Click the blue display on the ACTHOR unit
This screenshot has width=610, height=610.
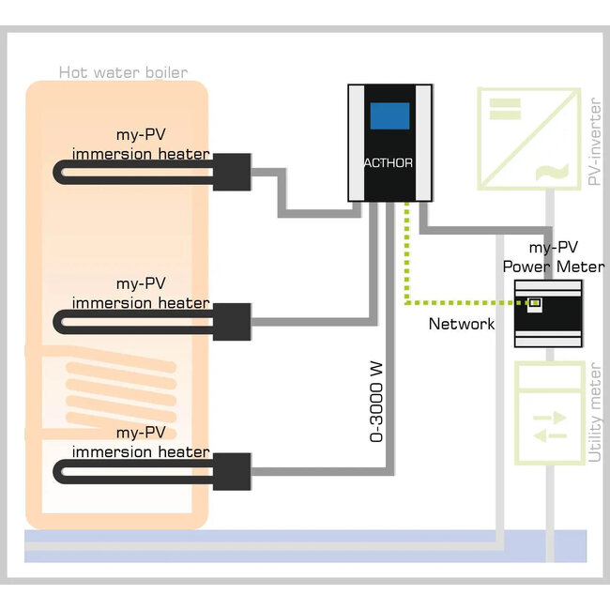389,116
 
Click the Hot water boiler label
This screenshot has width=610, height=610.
123,71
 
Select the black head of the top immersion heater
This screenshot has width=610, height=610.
231,171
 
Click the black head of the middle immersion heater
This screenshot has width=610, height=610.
231,321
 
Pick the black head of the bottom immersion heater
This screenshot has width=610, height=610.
231,470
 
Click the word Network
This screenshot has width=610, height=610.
461,324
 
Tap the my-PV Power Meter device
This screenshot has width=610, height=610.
547,313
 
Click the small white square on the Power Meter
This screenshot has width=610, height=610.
536,303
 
